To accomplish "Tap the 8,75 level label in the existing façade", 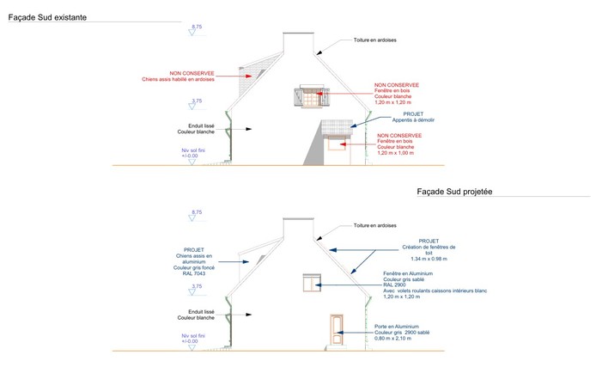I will coord(197,28).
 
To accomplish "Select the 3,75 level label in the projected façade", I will coord(197,286).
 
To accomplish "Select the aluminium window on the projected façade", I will coord(309,283).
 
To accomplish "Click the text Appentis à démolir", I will coord(407,121).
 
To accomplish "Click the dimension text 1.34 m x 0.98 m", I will coord(430,258).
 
